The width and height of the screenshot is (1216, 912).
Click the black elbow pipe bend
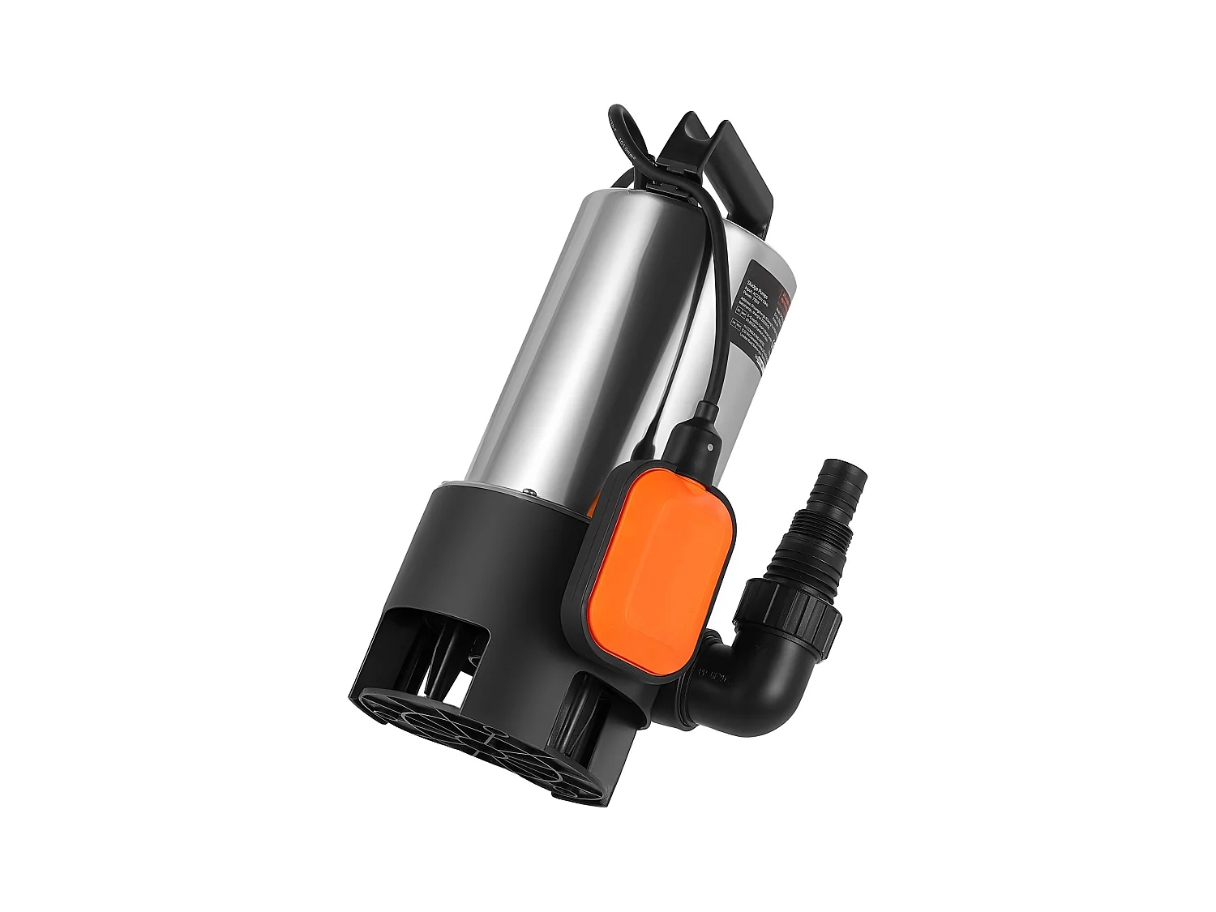coord(754,681)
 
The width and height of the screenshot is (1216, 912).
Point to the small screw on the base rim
coord(526,490)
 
